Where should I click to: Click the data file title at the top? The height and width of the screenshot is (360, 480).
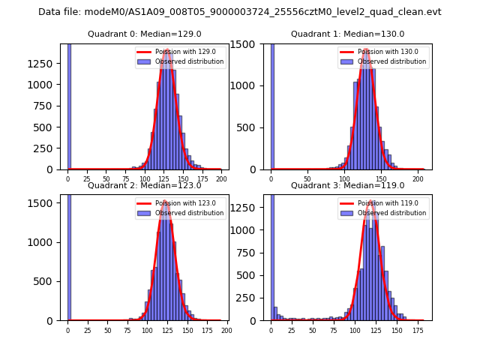point(239,12)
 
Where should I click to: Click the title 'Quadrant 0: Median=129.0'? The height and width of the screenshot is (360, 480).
point(145,34)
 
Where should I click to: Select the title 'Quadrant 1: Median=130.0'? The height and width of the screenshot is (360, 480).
point(347,34)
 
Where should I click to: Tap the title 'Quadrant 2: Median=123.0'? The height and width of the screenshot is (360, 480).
point(145,185)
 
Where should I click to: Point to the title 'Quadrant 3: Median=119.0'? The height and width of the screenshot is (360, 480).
point(347,185)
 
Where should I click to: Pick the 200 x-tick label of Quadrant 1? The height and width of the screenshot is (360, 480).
point(416,179)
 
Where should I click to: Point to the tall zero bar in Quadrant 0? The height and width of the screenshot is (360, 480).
point(69,106)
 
